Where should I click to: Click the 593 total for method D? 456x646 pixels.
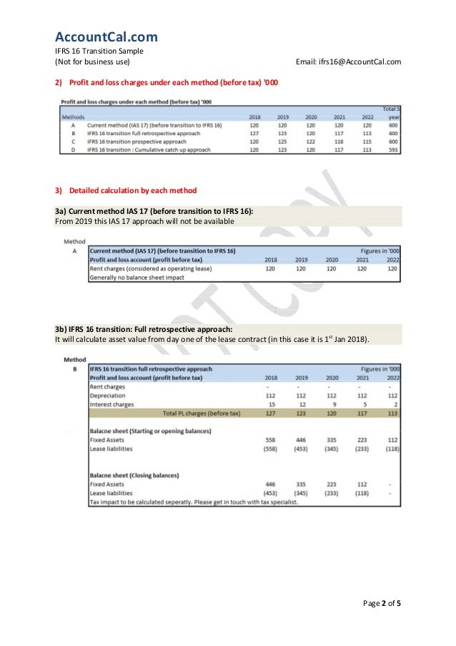tap(393, 151)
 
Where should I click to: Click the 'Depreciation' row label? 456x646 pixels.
tap(108, 395)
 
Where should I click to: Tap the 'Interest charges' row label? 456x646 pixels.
tap(111, 404)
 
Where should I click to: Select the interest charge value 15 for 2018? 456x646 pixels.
tap(272, 404)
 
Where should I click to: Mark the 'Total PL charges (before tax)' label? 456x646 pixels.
tap(202, 413)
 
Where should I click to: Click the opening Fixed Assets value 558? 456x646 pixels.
tap(272, 441)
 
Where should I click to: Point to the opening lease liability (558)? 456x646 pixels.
tap(272, 450)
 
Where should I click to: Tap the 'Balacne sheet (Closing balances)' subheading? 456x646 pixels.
tap(134, 475)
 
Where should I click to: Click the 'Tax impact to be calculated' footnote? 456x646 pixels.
tap(193, 501)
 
